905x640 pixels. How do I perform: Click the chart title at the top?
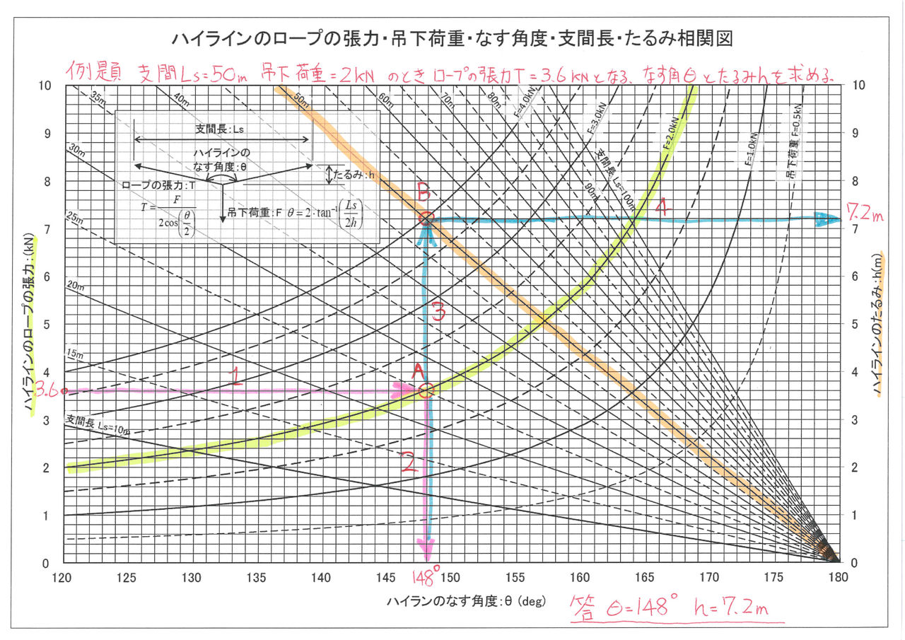[x=452, y=38]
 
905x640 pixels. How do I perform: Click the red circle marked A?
[x=426, y=391]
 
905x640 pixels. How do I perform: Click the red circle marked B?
[x=426, y=219]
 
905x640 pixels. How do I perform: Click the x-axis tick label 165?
[x=645, y=578]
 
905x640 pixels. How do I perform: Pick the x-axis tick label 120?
[x=64, y=578]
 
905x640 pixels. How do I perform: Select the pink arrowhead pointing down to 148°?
[x=426, y=548]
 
